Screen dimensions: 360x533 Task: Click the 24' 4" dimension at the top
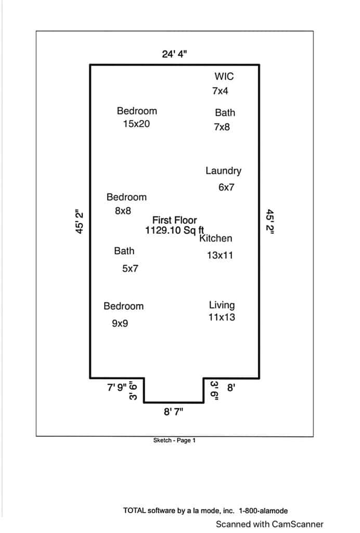point(174,54)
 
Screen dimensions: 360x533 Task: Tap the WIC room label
point(224,76)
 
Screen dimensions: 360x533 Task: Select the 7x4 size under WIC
point(220,91)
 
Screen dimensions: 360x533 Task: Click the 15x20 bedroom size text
point(136,124)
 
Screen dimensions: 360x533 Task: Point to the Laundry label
point(224,171)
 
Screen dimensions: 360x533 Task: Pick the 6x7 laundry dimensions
point(226,187)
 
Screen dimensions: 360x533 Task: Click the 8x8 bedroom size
point(123,211)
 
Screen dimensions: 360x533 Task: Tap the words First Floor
point(175,220)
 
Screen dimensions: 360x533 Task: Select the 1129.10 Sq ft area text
point(175,230)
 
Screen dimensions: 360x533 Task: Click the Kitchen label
point(216,238)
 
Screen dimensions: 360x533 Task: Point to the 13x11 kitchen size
point(220,255)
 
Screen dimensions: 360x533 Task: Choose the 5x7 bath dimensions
point(130,269)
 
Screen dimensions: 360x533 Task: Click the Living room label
point(222,305)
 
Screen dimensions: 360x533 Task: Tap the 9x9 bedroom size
point(120,323)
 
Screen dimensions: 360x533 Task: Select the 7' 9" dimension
point(117,387)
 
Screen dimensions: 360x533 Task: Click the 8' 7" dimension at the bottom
point(174,412)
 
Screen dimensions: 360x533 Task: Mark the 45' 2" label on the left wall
point(79,221)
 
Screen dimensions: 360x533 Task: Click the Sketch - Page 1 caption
point(174,440)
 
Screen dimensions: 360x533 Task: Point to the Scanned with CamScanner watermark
point(269,524)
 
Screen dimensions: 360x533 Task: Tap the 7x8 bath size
point(222,127)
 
